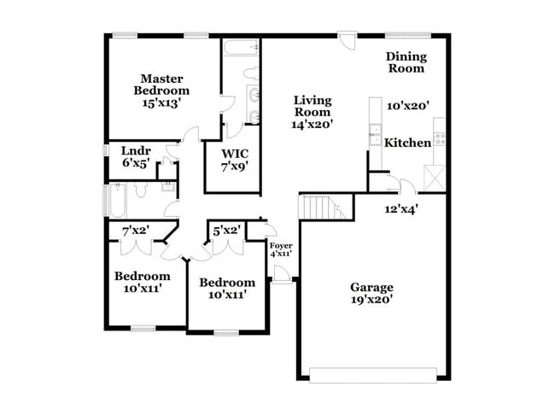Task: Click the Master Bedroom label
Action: click(x=161, y=84)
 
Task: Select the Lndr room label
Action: click(x=136, y=150)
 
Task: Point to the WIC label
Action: click(x=235, y=154)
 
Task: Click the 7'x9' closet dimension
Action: click(x=235, y=167)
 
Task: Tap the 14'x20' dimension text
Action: click(x=313, y=124)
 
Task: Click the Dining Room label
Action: click(x=406, y=62)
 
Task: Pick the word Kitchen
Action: click(x=407, y=143)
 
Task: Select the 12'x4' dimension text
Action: click(x=401, y=207)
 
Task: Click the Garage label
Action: click(x=372, y=287)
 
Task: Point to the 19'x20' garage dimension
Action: click(x=372, y=300)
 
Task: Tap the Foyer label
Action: click(x=281, y=246)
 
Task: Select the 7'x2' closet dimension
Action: click(x=136, y=231)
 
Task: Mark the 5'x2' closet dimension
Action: click(x=225, y=230)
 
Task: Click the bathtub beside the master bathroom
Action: click(x=243, y=50)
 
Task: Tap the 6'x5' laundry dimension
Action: click(x=136, y=163)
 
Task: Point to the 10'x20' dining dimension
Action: click(x=407, y=106)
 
